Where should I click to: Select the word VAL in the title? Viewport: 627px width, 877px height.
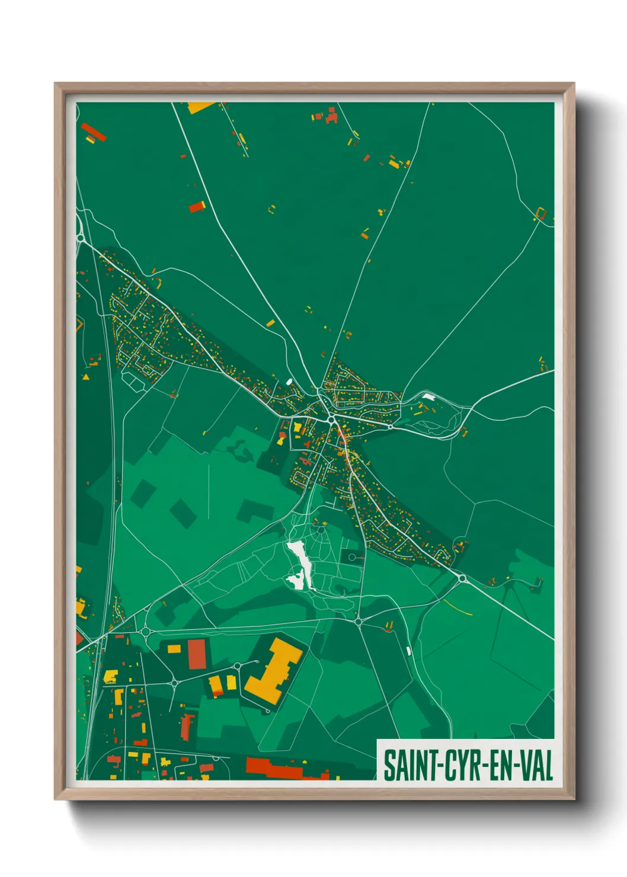pyautogui.click(x=536, y=766)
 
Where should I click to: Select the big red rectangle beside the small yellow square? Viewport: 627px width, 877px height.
pyautogui.click(x=196, y=654)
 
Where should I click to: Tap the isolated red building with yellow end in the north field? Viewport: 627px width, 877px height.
pyautogui.click(x=197, y=207)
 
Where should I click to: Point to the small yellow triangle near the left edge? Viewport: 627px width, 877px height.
pyautogui.click(x=86, y=376)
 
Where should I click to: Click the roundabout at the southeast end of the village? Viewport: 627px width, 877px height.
pyautogui.click(x=462, y=578)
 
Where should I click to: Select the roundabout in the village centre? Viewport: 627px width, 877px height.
pyautogui.click(x=331, y=419)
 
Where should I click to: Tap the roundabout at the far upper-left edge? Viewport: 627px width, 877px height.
pyautogui.click(x=80, y=238)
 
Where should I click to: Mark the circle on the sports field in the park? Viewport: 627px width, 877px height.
pyautogui.click(x=353, y=557)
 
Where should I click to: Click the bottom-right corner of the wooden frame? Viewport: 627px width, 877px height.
pyautogui.click(x=574, y=798)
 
